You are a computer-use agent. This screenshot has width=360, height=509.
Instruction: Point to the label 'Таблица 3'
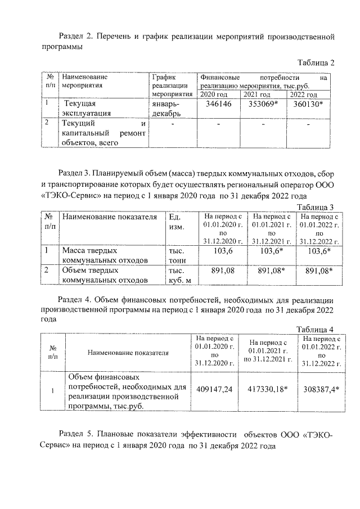pos(316,207)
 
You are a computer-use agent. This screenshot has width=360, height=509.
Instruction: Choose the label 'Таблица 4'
pos(316,329)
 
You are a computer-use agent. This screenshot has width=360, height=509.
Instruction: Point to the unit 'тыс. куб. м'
pos(180,275)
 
